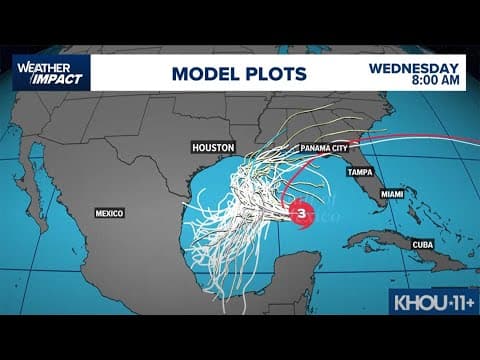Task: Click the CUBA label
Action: [x=424, y=244]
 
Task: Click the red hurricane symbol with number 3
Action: [x=299, y=212]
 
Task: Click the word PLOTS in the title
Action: [x=274, y=73]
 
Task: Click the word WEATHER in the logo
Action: [x=38, y=66]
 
